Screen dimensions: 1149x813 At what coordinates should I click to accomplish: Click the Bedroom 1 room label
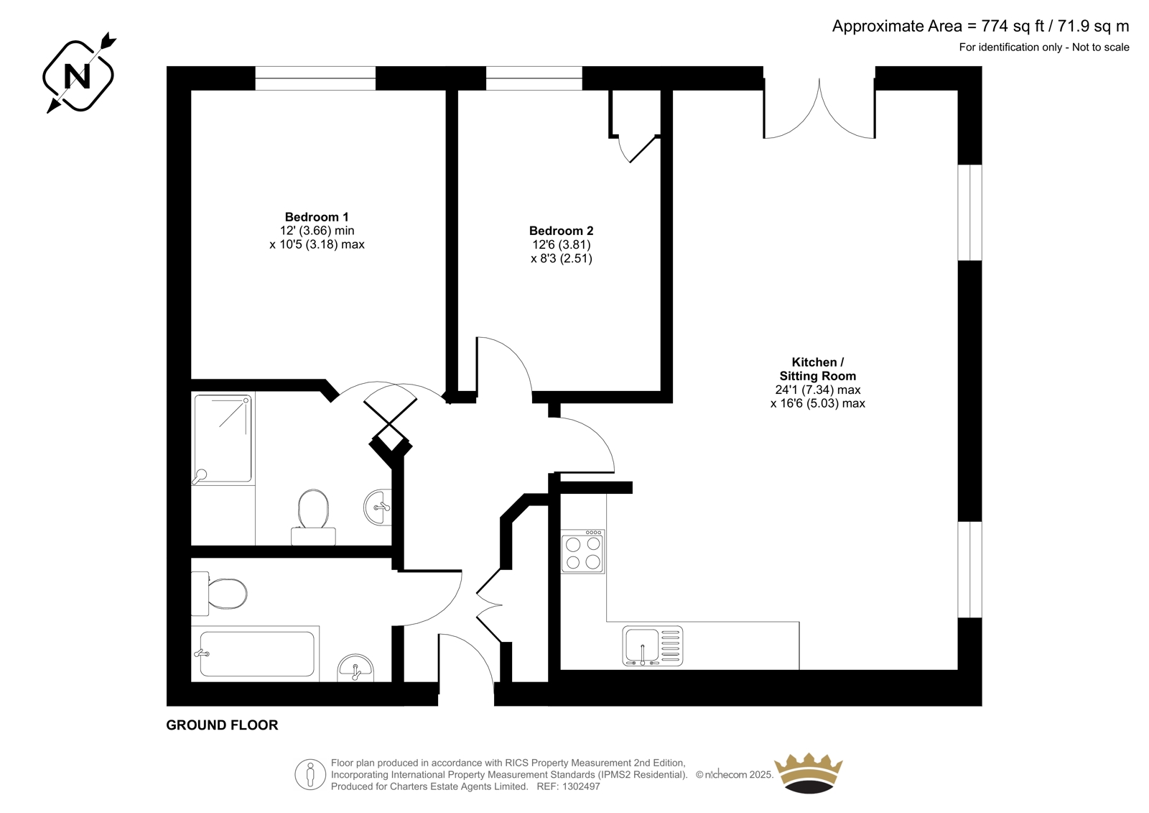[317, 217]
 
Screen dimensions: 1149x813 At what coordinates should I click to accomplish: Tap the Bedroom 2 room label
[561, 231]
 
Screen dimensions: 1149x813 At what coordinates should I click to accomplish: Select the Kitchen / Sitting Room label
[818, 369]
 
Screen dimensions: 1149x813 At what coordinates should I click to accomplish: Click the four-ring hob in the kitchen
[582, 551]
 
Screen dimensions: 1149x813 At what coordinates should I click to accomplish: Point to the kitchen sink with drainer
[653, 646]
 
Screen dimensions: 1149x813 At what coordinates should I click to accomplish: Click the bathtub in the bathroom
[256, 654]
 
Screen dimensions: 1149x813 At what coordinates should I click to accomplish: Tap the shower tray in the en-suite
[223, 440]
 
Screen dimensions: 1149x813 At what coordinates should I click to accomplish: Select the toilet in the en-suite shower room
[313, 517]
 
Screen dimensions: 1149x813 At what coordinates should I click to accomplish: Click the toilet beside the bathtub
[219, 594]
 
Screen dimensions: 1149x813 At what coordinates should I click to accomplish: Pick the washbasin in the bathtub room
[355, 669]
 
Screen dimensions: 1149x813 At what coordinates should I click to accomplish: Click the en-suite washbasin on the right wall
[378, 507]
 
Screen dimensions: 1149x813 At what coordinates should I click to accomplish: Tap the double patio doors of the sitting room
[819, 109]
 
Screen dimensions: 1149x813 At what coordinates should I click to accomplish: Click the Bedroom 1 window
[315, 78]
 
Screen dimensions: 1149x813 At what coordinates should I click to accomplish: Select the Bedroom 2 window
[534, 78]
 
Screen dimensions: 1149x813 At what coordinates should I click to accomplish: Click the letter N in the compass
[78, 76]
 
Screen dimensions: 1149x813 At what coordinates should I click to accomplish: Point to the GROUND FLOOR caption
[222, 725]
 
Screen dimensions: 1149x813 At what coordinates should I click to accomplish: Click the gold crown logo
[809, 773]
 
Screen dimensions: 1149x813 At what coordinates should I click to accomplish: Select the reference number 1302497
[580, 786]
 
